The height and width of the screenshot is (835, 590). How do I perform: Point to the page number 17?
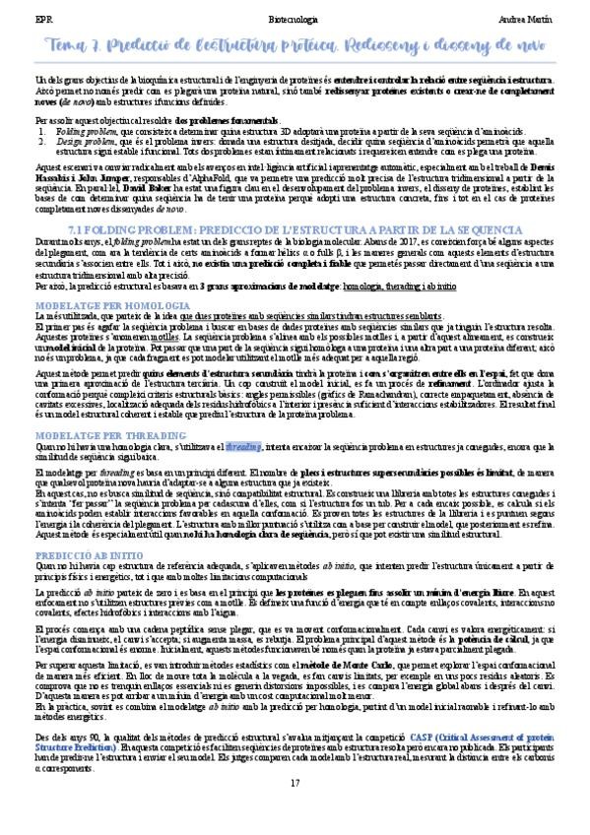pyautogui.click(x=295, y=783)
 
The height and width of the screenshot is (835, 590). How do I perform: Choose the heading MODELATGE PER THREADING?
pyautogui.click(x=92, y=434)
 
